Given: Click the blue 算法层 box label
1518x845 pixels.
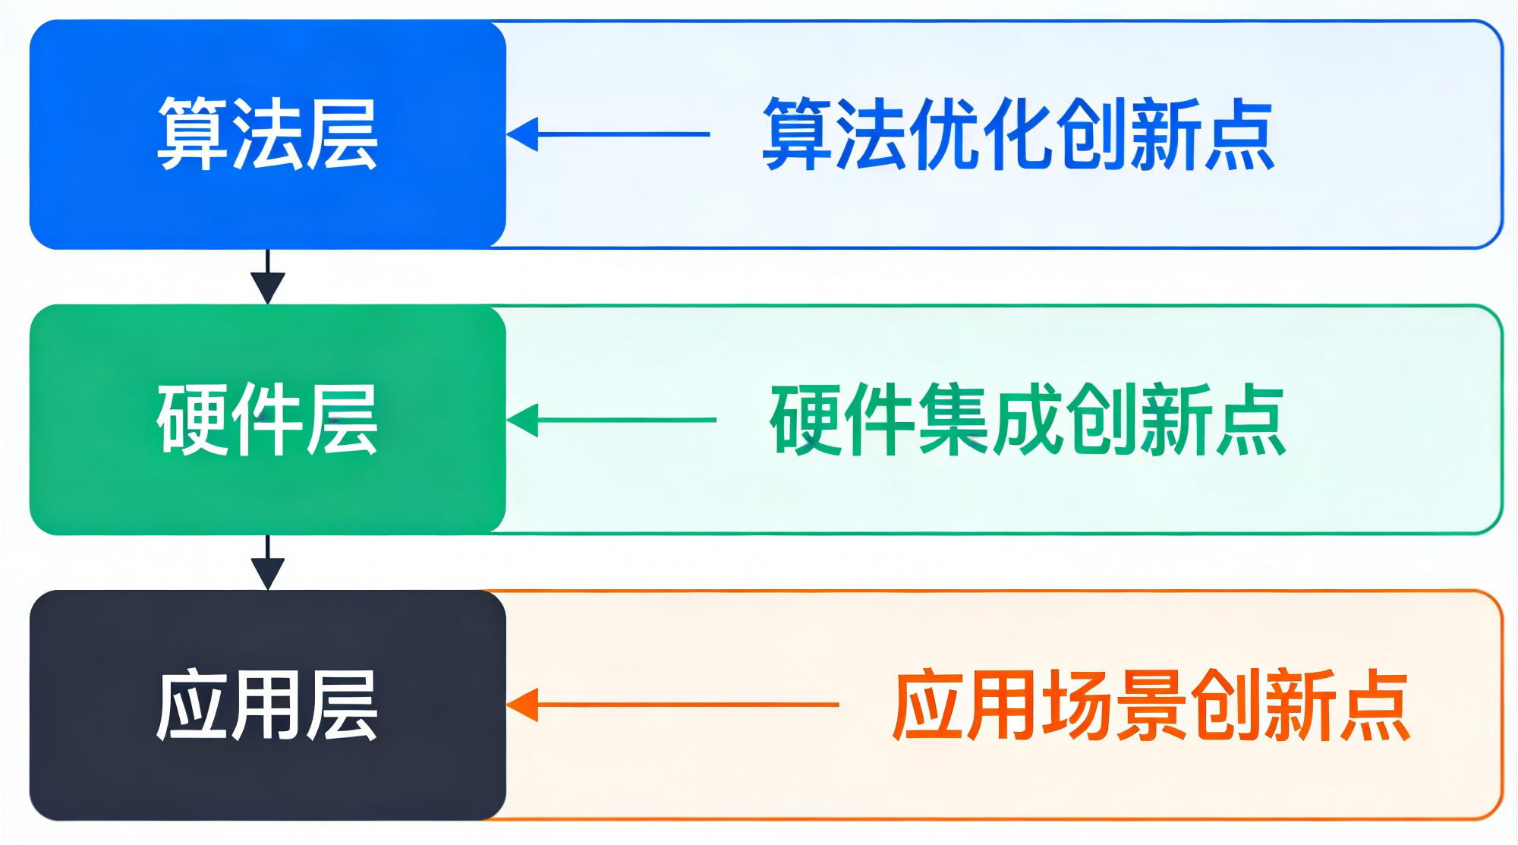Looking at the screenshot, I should tap(267, 134).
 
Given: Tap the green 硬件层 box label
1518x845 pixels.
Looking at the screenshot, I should tap(267, 419).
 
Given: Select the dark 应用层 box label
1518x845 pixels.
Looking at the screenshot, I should tap(267, 705).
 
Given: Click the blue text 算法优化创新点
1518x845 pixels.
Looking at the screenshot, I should tap(1018, 134).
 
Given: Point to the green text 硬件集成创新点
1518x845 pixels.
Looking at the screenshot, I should tap(1028, 419).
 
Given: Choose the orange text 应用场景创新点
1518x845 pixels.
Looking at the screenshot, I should tap(1151, 705).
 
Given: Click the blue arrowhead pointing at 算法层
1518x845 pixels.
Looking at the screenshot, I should tap(522, 134).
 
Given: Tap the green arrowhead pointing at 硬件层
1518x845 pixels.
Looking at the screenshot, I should tap(522, 420).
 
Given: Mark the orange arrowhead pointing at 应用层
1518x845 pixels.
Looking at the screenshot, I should tap(522, 705).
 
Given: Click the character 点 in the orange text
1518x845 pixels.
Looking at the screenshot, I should tap(1374, 705).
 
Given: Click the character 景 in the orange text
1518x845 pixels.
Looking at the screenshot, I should tap(1151, 705).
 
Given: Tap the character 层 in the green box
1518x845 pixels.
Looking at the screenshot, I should tap(342, 419).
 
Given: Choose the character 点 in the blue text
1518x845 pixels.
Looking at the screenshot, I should tap(1239, 134).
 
